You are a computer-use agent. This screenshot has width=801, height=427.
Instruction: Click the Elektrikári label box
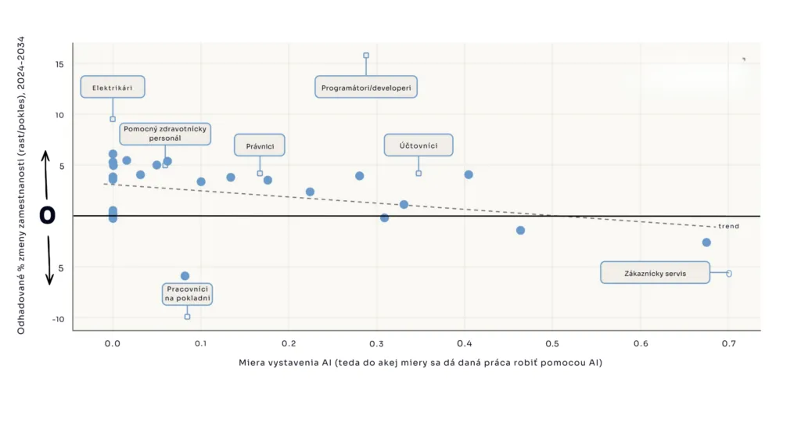(113, 87)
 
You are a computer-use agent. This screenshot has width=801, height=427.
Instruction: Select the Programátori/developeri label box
(366, 87)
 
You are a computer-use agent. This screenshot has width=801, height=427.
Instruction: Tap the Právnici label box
(260, 145)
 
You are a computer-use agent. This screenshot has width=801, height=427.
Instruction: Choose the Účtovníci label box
(418, 145)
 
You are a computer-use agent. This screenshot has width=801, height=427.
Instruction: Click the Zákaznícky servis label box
(655, 273)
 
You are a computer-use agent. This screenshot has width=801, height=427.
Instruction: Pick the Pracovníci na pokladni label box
(187, 294)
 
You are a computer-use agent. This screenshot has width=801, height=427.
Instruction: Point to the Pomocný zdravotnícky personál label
(165, 134)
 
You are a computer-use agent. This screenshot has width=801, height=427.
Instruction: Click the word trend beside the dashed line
(728, 226)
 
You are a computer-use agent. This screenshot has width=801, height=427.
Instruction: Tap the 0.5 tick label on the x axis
(552, 344)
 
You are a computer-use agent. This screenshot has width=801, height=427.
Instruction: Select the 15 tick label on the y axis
(59, 64)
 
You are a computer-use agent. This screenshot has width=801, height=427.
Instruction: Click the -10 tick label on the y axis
(58, 319)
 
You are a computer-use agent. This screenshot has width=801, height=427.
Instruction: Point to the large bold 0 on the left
(48, 215)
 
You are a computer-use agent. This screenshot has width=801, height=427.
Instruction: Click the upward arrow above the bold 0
(46, 175)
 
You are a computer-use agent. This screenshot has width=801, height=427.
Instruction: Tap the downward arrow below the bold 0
(49, 260)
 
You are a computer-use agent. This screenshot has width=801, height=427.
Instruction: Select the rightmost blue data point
(706, 242)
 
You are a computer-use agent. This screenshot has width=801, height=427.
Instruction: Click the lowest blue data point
(185, 276)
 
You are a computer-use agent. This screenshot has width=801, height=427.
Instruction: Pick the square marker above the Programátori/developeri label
(366, 56)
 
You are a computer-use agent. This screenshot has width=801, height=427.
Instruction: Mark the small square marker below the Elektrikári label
(113, 119)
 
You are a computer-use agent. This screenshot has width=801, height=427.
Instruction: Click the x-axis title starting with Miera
(420, 363)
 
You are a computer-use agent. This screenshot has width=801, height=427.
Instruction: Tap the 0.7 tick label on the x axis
(729, 344)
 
